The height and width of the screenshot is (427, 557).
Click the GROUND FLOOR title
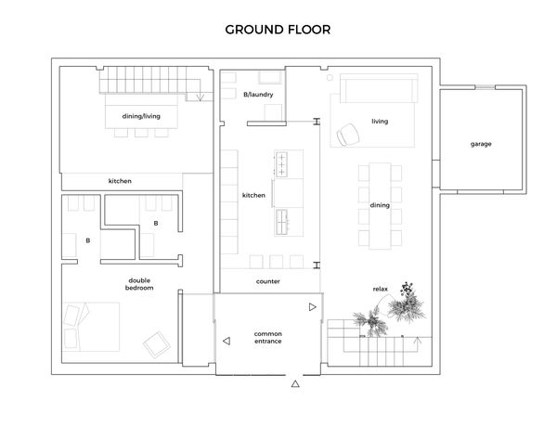click(x=278, y=30)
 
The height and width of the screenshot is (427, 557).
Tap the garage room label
click(x=481, y=144)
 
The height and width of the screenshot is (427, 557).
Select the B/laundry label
click(x=258, y=95)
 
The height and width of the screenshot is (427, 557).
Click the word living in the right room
click(x=380, y=121)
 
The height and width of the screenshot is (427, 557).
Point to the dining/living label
click(x=141, y=116)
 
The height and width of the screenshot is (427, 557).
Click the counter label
click(x=268, y=281)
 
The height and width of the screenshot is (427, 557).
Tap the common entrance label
click(x=268, y=338)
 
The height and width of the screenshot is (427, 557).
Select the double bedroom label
click(x=139, y=284)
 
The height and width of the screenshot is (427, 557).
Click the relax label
click(x=380, y=290)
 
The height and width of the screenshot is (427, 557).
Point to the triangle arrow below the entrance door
click(x=295, y=383)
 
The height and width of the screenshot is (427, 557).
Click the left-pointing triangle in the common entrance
click(x=227, y=341)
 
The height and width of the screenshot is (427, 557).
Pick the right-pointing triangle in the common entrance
click(x=313, y=307)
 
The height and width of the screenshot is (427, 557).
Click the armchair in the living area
click(x=348, y=135)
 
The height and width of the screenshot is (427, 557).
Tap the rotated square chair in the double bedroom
click(x=157, y=344)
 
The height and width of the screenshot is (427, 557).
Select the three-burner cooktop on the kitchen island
click(x=281, y=165)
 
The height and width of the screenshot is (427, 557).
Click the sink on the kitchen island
click(x=281, y=222)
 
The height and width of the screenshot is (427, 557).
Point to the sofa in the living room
click(x=379, y=88)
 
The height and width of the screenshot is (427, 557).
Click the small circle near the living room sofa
click(x=330, y=77)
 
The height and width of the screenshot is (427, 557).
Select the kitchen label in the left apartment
click(x=120, y=181)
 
